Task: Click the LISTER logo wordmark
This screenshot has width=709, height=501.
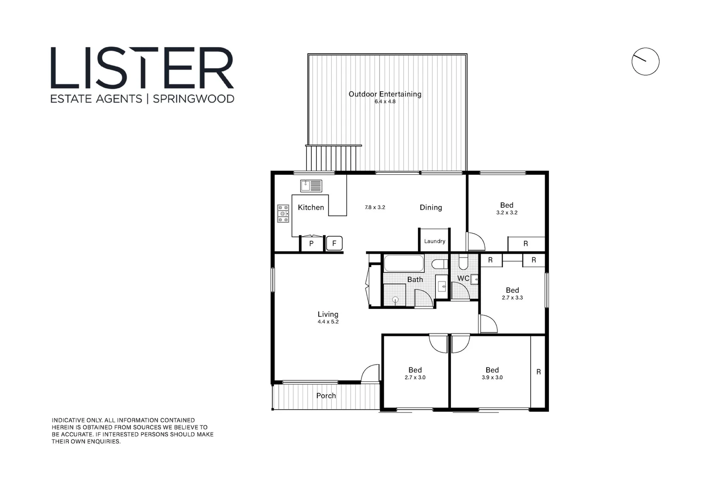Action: point(142,68)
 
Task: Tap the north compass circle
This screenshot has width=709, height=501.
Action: point(645,61)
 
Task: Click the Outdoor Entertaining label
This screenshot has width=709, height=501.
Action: point(385,94)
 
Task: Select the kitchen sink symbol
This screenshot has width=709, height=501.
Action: point(311,186)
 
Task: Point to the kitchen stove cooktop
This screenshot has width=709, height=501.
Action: point(283,213)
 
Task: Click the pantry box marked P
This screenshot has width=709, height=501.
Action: point(311,244)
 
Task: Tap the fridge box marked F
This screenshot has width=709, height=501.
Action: point(334,243)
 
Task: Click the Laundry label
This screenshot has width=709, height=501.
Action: point(434,241)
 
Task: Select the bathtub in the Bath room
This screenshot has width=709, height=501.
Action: point(404,263)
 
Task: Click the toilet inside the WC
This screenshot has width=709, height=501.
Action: point(463,263)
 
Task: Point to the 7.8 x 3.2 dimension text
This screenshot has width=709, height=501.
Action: point(375,207)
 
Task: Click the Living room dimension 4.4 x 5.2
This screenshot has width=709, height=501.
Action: point(328,321)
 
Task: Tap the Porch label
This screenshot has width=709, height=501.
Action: point(326,396)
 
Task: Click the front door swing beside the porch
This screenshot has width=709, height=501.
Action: point(371,373)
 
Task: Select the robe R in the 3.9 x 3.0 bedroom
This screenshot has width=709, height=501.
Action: point(538,372)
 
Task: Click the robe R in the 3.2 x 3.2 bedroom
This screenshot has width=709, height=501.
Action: point(526,244)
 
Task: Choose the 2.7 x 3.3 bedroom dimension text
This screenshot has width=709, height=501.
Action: point(512,298)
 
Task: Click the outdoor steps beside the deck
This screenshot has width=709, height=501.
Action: point(333,159)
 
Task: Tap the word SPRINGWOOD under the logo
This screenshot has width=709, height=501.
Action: point(193,99)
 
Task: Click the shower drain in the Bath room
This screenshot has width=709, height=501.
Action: point(395,300)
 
